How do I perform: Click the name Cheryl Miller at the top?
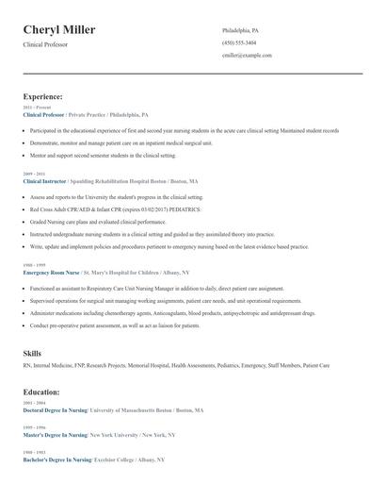(x=58, y=29)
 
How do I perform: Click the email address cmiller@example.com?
(x=247, y=55)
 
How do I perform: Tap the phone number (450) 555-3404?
(x=239, y=42)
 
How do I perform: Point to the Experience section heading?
(x=43, y=96)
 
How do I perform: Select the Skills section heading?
(x=32, y=353)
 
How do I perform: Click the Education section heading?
(x=41, y=392)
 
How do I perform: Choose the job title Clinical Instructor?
(x=50, y=180)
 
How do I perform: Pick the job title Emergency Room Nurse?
(x=53, y=272)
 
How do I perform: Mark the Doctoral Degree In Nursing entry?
(x=55, y=410)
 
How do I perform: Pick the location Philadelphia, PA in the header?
(x=240, y=30)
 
